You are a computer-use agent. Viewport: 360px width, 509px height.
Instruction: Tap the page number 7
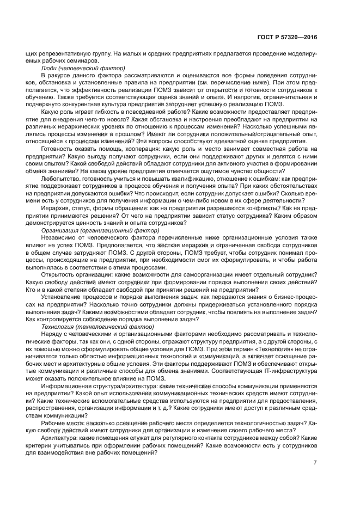pos(315,463)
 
